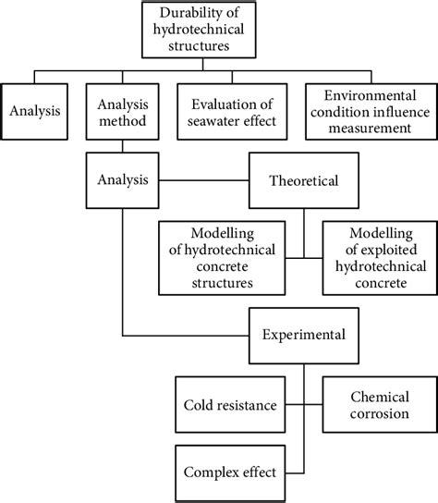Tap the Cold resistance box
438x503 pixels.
coord(227,405)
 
